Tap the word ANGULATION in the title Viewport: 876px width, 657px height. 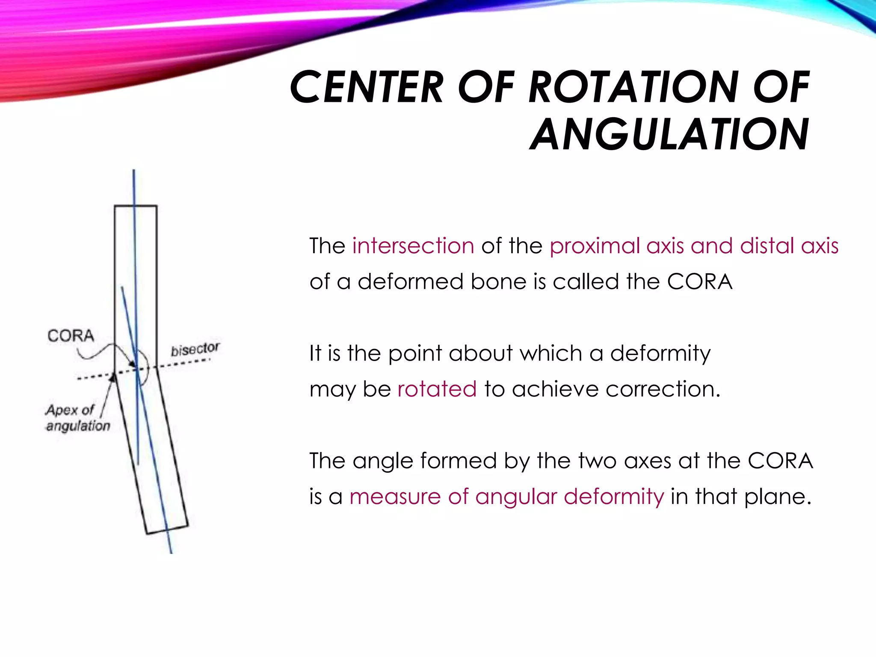(x=669, y=134)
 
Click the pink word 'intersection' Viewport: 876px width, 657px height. (x=413, y=246)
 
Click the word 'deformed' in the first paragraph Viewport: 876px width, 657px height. (x=411, y=282)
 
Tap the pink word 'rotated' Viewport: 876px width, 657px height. (x=437, y=389)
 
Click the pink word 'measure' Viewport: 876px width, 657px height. (x=395, y=497)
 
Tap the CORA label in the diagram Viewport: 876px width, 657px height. (x=71, y=336)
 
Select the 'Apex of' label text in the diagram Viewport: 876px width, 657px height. (x=70, y=410)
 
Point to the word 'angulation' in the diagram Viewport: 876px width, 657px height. (x=78, y=426)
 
